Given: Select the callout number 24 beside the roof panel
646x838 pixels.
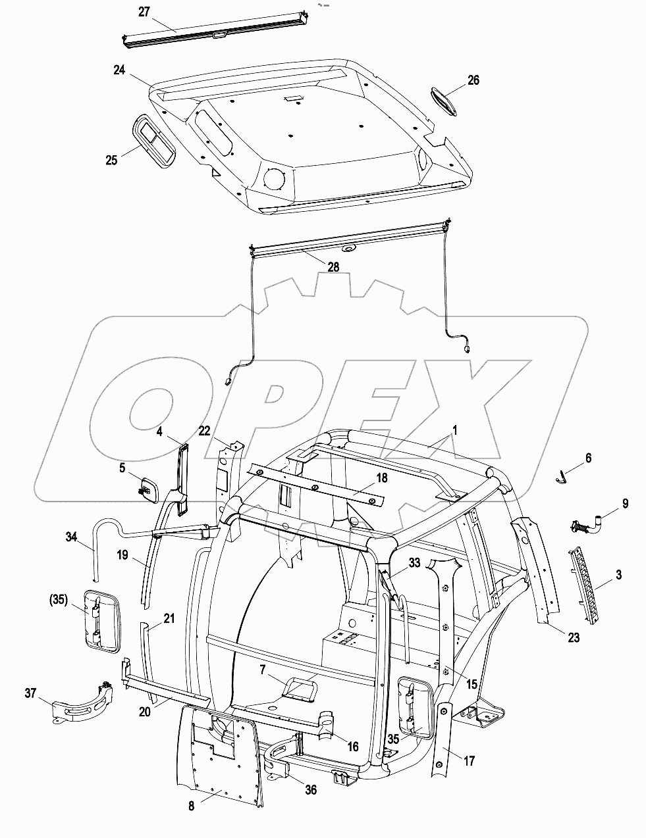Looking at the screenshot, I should pyautogui.click(x=119, y=70).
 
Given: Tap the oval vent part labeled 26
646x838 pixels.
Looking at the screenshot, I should pyautogui.click(x=446, y=101).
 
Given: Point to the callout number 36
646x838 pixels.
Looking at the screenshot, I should pyautogui.click(x=310, y=789).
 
